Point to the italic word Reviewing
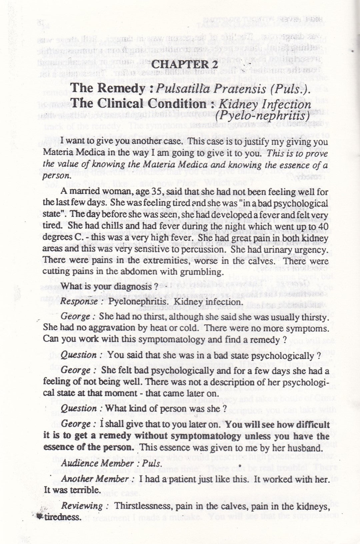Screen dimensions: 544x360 (82, 506)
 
